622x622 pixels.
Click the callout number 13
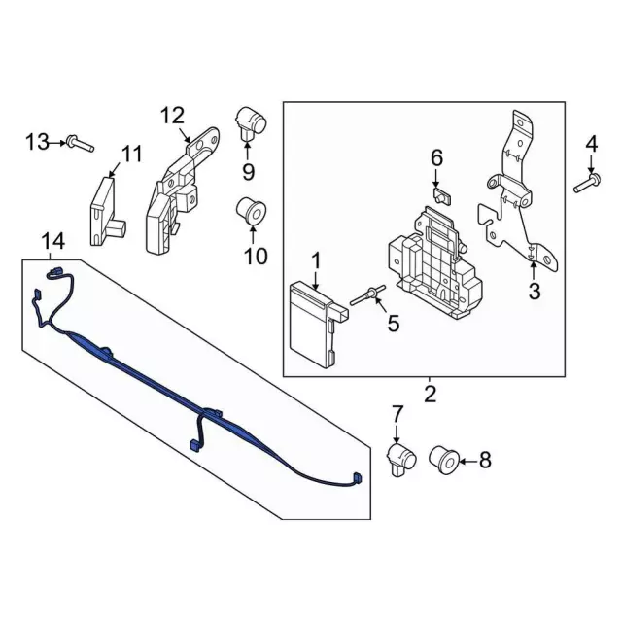(x=37, y=142)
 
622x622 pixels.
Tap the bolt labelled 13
(x=81, y=144)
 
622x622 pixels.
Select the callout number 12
(x=173, y=116)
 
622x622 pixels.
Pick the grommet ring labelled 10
(x=252, y=211)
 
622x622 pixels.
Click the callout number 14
(x=53, y=241)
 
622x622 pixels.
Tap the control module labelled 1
(x=319, y=323)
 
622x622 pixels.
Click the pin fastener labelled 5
(x=367, y=295)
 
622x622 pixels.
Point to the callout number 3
(x=535, y=292)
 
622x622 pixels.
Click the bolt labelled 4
(x=587, y=184)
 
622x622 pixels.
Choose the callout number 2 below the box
(x=430, y=394)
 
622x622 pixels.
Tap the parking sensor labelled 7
(x=400, y=459)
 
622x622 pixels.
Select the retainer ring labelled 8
(x=444, y=460)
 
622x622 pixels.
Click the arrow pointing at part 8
(x=469, y=461)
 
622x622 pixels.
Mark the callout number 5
(x=393, y=324)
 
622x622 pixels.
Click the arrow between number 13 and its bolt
(x=58, y=143)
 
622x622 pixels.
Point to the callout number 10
(x=256, y=256)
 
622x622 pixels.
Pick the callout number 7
(x=397, y=414)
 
